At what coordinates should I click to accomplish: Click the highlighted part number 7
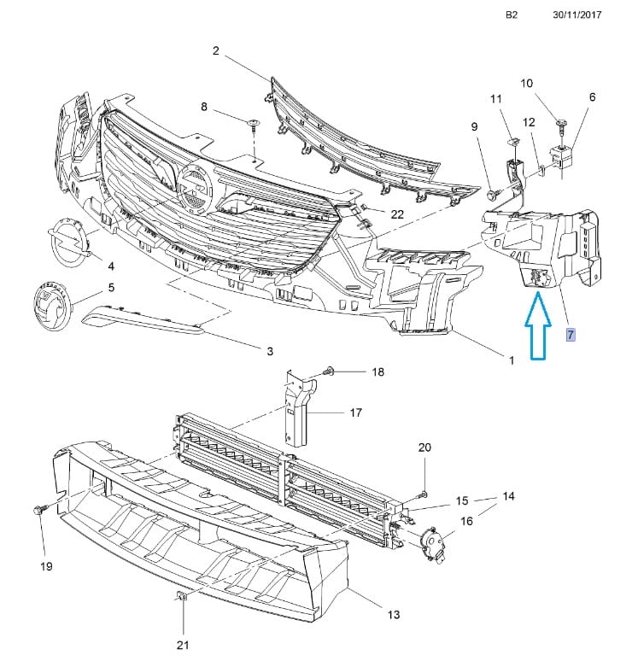click(571, 334)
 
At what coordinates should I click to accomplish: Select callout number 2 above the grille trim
click(216, 51)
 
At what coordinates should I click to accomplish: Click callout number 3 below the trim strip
click(269, 350)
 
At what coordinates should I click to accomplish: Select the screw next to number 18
click(331, 372)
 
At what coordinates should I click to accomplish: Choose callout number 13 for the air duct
click(394, 614)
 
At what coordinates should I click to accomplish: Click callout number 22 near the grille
click(397, 214)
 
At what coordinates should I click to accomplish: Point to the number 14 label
click(508, 496)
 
